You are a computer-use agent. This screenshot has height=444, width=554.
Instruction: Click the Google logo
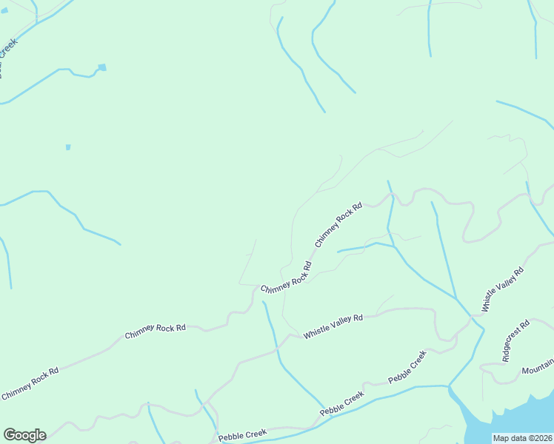click(x=24, y=435)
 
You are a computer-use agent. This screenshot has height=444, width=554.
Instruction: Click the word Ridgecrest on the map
click(x=511, y=343)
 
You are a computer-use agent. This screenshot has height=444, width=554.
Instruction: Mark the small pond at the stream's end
click(x=102, y=67)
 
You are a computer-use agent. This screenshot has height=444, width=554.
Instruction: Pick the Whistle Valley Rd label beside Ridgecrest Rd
click(x=503, y=289)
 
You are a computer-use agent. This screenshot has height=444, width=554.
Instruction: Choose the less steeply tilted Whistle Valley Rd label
click(x=333, y=327)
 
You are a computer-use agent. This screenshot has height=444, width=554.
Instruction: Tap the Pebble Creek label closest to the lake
click(x=408, y=368)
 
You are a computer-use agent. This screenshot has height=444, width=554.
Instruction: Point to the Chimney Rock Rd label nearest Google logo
click(x=30, y=383)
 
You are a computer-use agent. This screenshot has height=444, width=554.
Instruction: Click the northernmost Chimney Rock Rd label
click(x=338, y=225)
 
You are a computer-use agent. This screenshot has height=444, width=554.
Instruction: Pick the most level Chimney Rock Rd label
click(x=155, y=330)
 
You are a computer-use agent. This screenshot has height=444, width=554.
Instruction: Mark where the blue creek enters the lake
click(x=450, y=388)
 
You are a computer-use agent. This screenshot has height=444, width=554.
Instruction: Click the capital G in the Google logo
click(x=10, y=435)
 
